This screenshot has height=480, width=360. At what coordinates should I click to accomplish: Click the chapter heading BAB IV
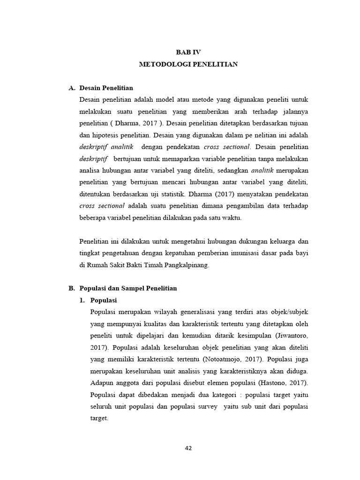coord(188,52)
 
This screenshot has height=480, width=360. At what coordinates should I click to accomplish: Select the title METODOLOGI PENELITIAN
coord(188,64)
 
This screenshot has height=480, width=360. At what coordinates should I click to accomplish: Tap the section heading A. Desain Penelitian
coord(101,88)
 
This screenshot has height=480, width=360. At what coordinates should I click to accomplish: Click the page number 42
coord(188,448)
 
